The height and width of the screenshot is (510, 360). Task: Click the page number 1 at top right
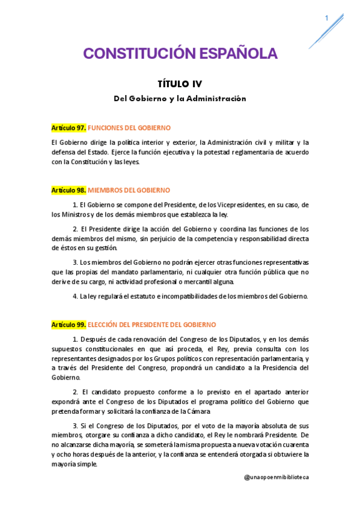coord(326,19)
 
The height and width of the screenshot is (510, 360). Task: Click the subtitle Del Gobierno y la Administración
coord(180,98)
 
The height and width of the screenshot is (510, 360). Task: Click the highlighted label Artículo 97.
coord(69,128)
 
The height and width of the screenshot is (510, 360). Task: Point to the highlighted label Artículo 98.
coord(69,190)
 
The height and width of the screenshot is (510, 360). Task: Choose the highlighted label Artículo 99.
coord(69,324)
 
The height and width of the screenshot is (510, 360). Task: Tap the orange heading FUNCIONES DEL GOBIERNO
coord(129,128)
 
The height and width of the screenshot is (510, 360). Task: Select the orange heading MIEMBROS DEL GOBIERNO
coord(129,190)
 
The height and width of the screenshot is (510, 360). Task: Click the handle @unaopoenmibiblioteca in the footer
coord(276,477)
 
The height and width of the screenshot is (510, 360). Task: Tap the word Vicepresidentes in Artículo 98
coord(248,205)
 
